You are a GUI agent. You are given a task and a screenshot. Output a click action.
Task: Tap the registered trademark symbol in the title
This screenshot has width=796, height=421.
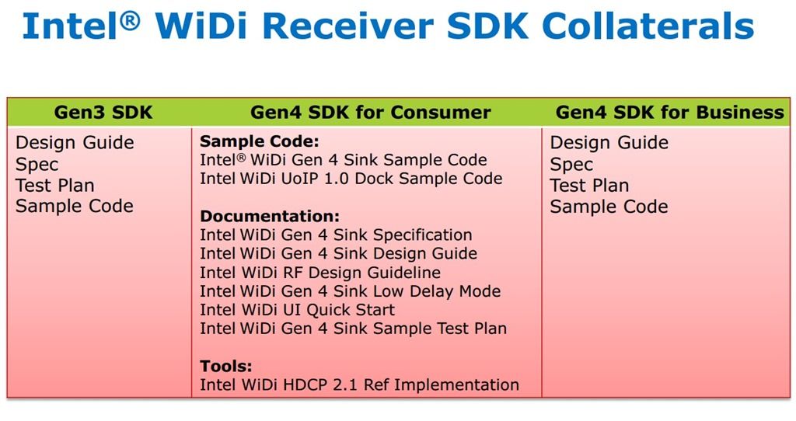point(130,21)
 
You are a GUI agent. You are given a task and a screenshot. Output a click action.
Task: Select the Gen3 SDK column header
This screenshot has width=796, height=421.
point(103,112)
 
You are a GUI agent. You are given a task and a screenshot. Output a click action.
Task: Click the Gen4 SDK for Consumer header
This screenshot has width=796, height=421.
point(371,112)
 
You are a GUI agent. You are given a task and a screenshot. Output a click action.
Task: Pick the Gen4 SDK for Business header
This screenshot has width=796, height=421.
point(669,112)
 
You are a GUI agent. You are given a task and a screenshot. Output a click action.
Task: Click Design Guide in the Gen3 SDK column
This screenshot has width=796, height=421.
point(75,142)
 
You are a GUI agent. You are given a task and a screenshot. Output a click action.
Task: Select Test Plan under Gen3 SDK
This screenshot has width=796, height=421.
point(55,185)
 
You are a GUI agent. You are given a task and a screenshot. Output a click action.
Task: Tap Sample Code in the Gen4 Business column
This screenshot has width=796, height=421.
point(609,207)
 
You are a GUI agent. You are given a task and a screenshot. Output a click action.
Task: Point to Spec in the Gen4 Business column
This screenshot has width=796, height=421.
point(571,165)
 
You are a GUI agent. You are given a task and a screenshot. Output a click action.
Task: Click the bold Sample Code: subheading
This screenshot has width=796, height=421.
point(260,141)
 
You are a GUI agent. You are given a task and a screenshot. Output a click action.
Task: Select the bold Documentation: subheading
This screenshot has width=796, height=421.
point(270,216)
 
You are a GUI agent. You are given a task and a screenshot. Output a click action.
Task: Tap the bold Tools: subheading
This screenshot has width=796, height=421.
point(226,366)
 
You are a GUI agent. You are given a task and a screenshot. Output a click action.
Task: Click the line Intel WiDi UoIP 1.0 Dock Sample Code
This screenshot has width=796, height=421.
point(351,179)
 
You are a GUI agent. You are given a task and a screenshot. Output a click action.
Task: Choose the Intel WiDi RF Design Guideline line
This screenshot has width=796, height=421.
point(320,273)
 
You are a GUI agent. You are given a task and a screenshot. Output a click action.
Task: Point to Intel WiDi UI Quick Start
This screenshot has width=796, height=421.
point(297,309)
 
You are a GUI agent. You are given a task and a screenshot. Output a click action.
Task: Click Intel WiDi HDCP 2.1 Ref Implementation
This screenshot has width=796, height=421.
point(359,384)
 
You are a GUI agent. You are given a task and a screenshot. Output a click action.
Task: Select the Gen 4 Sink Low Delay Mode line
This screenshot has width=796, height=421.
point(351,291)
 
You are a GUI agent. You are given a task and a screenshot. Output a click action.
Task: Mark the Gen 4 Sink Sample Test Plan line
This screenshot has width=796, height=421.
point(354,328)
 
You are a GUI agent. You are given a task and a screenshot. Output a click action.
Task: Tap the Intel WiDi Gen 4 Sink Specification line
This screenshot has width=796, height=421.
point(336,235)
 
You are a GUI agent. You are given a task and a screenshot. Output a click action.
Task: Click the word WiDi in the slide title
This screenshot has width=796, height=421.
point(201,26)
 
